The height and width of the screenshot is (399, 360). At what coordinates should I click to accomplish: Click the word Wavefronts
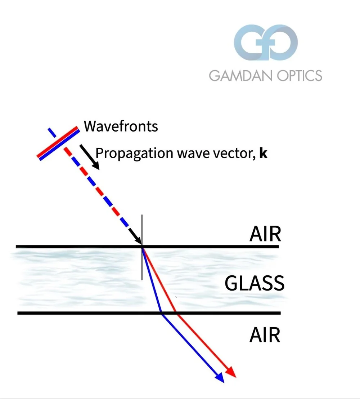(121, 127)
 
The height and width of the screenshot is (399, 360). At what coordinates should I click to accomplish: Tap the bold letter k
(264, 154)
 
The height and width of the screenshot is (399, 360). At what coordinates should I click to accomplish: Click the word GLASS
(255, 283)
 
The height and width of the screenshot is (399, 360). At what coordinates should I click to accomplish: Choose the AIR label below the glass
(265, 335)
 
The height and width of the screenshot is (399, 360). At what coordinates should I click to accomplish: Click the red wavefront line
(58, 141)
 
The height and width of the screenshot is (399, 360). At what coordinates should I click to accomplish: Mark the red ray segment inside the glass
(159, 280)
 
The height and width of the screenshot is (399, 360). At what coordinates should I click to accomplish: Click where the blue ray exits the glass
(162, 313)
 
